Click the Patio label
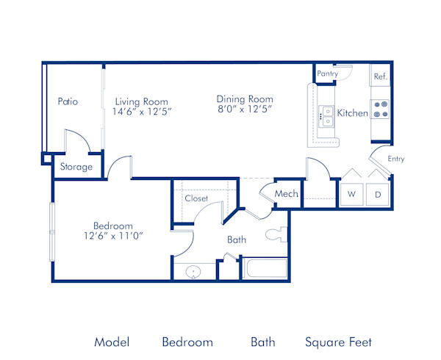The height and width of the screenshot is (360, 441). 68,101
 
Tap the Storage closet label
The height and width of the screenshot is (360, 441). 76,167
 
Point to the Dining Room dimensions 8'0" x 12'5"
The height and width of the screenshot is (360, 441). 245,110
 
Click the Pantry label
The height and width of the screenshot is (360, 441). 327,74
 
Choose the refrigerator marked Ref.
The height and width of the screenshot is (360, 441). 380,76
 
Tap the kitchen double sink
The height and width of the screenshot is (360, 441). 326,114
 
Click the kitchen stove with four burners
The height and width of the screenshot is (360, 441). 381,110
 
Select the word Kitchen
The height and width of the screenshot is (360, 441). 352,113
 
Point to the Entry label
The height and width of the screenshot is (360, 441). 395,159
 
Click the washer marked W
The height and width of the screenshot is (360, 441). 351,194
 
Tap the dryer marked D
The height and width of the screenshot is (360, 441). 378,194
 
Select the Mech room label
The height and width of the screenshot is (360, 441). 286,194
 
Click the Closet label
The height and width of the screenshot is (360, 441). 196,198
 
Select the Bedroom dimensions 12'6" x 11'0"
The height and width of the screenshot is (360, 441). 112,235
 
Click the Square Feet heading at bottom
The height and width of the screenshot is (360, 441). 338,342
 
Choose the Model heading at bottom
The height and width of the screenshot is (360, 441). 112,342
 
